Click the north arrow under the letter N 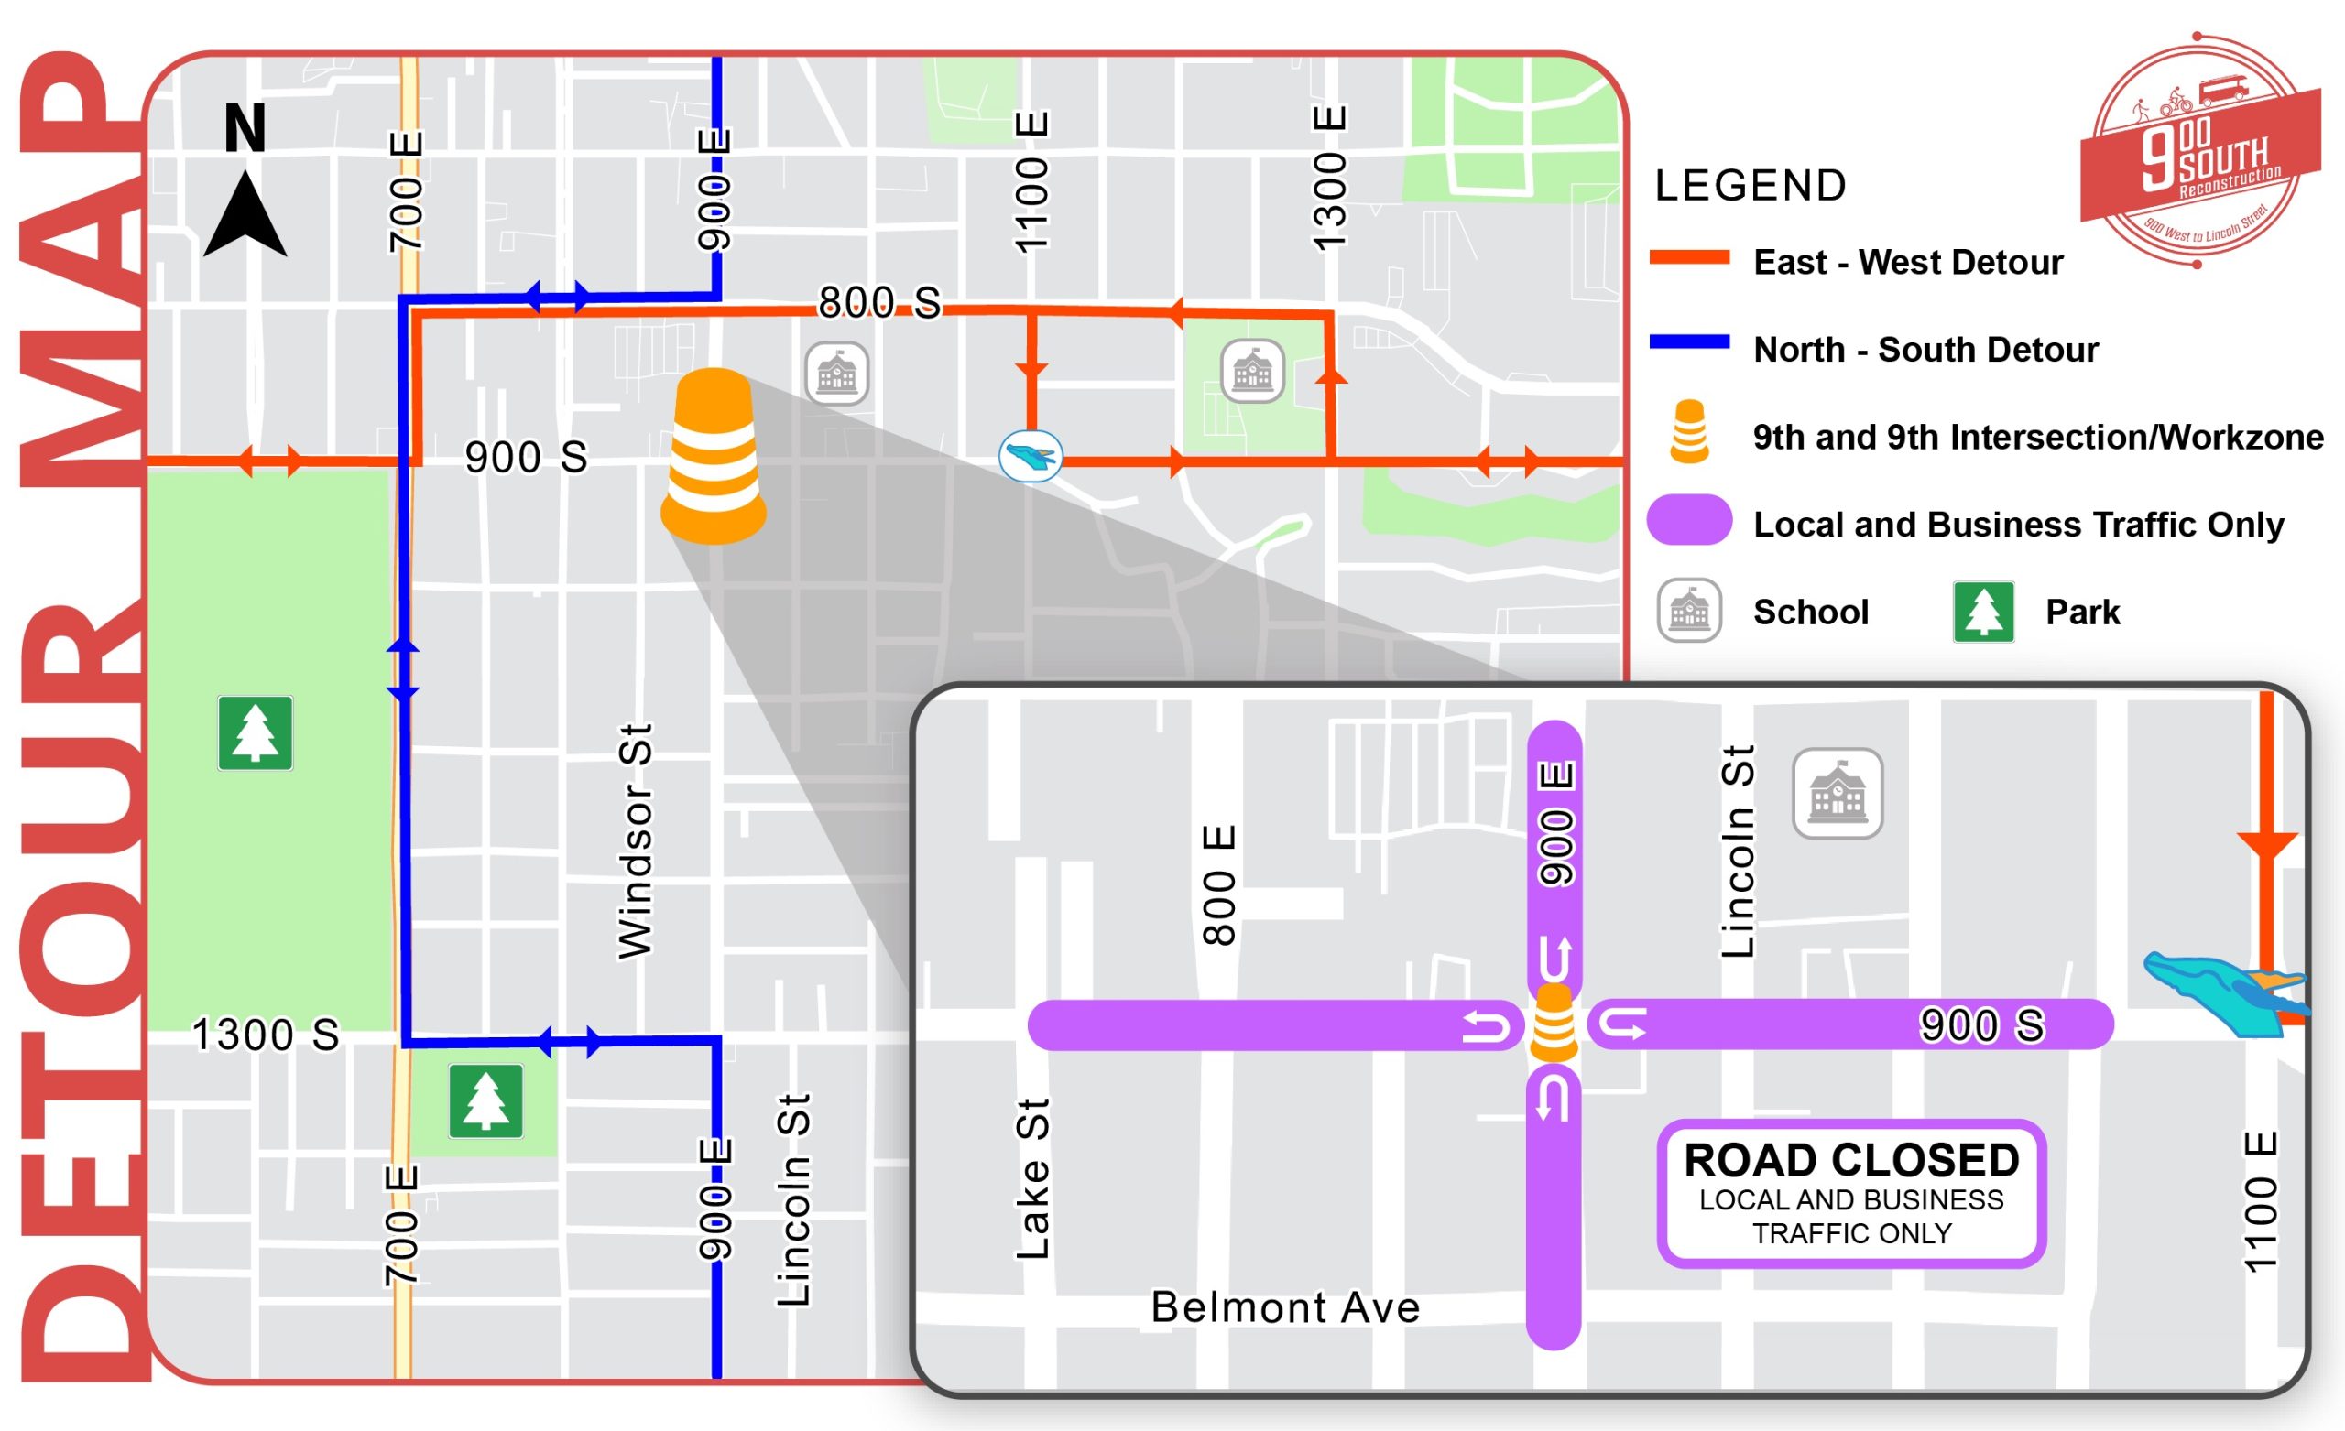click(245, 218)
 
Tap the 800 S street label click(878, 302)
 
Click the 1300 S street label click(266, 1035)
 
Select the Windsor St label click(635, 842)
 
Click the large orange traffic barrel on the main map click(713, 457)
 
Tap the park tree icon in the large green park click(255, 732)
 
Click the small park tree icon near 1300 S click(485, 1100)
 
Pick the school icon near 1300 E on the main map click(1251, 371)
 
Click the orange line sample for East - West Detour click(1689, 258)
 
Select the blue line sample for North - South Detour click(1689, 342)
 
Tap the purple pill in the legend click(1689, 519)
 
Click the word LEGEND click(1751, 186)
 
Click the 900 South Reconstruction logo click(2198, 152)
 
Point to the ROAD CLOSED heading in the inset click(1851, 1160)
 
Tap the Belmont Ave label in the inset click(1285, 1307)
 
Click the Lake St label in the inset click(1033, 1180)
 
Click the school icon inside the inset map click(1837, 794)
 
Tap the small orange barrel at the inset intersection click(1554, 1024)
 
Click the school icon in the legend click(1689, 611)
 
